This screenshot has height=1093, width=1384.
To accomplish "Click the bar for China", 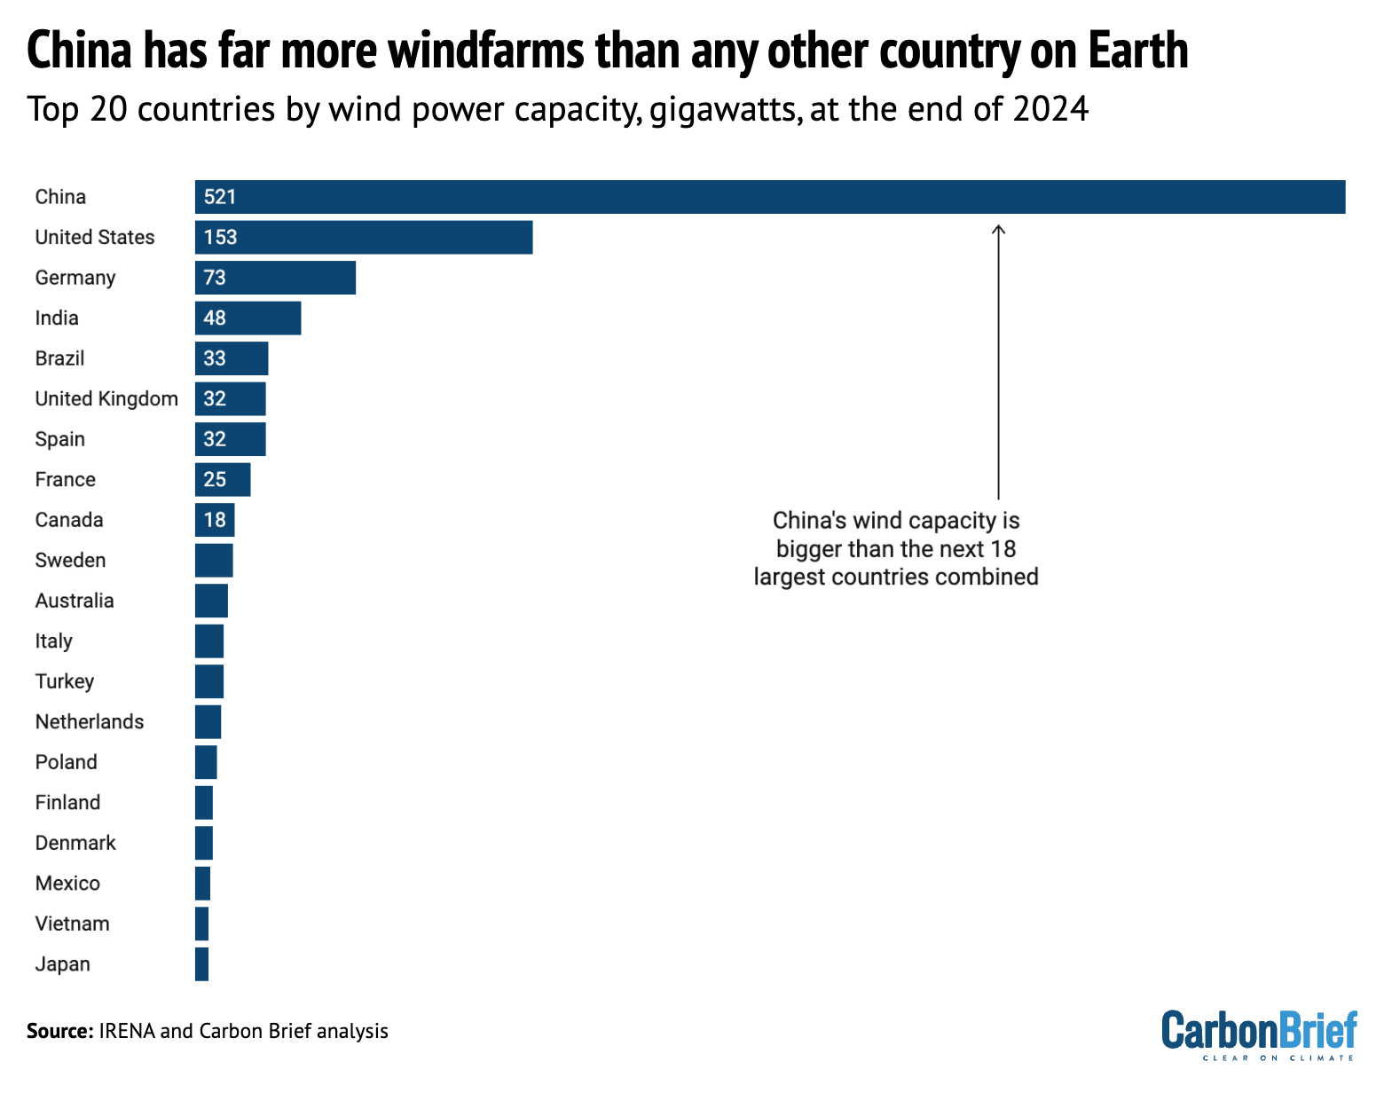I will coord(770,197).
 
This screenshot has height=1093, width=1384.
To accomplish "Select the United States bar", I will coord(364,238).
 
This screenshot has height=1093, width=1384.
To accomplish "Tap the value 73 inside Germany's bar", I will coord(215,278).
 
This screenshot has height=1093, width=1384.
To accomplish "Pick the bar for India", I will coord(248,318).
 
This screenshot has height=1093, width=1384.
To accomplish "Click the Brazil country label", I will coord(60,358).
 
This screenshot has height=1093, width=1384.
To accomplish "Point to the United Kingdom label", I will coord(106,399).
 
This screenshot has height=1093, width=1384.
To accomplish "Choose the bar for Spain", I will coord(231,439).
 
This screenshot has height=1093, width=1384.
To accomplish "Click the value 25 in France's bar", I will coord(215,480).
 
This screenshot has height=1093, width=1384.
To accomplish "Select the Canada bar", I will coord(215,520).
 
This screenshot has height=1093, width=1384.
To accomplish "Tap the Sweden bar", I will coord(214,561).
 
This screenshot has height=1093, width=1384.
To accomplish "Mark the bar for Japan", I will coord(202,964).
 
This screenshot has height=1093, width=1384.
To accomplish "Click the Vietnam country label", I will coord(73,924).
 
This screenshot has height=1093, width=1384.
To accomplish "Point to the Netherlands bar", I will coord(208,722).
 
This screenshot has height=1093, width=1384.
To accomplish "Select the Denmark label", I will coord(75,843).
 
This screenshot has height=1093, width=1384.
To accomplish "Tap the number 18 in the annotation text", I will coord(1003,548).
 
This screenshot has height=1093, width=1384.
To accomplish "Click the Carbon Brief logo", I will coord(1259,1034).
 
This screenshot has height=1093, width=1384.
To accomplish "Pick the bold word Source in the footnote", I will coord(59,1031).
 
